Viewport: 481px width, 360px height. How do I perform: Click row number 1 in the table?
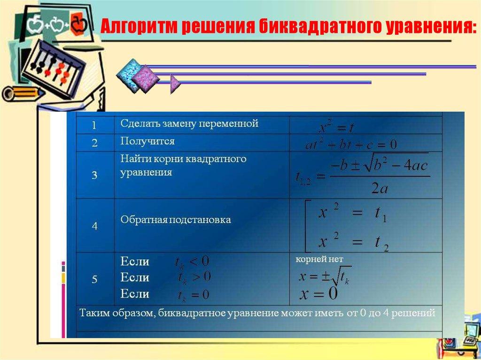click(94, 125)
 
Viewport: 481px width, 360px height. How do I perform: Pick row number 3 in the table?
click(94, 175)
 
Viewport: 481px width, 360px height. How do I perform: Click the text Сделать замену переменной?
click(189, 124)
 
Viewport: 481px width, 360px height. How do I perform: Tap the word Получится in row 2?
click(147, 141)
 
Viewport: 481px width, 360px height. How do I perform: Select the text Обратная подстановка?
click(176, 220)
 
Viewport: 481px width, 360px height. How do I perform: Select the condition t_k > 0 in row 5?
click(194, 277)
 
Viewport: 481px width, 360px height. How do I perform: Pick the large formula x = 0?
click(319, 294)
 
